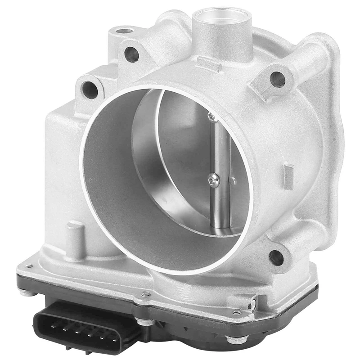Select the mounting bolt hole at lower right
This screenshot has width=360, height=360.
click(x=276, y=257)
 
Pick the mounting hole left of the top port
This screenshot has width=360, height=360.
click(x=131, y=54)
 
